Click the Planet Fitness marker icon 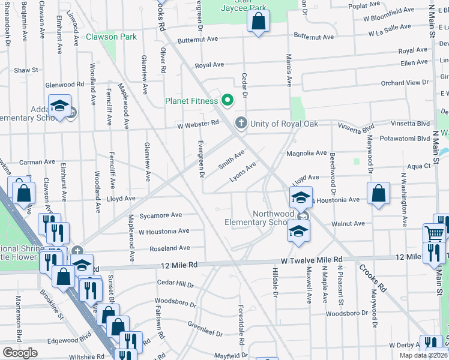[227, 101]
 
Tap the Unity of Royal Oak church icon [241, 124]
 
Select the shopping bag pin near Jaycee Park [258, 22]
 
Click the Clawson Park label [111, 37]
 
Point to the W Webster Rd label [197, 124]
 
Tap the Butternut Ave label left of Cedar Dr [197, 40]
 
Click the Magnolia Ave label [307, 153]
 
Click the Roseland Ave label [169, 248]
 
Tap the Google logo [20, 353]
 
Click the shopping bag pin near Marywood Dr [378, 194]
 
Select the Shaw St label [26, 70]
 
